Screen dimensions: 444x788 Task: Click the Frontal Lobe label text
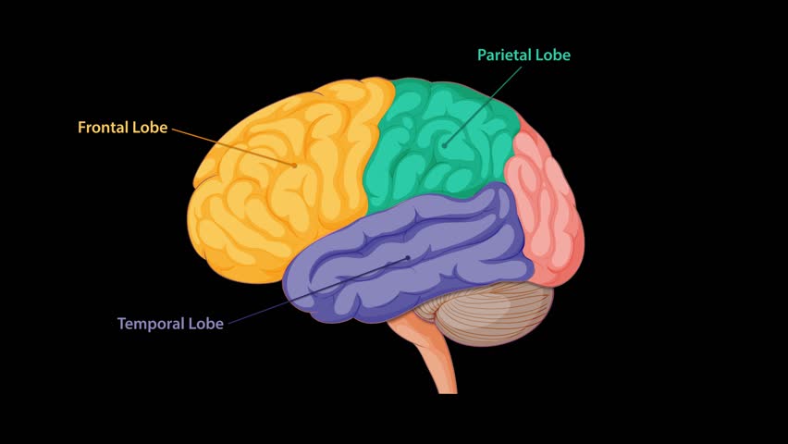click(x=122, y=128)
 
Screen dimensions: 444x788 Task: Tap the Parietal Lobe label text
click(x=523, y=55)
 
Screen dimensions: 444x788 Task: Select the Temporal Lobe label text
click(x=170, y=325)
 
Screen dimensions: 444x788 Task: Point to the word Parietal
click(x=506, y=55)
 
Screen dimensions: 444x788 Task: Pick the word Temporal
click(x=151, y=325)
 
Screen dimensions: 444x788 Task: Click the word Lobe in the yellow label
click(x=151, y=128)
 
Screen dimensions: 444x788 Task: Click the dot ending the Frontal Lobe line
click(x=295, y=165)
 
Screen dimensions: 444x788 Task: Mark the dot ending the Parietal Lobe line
click(x=444, y=144)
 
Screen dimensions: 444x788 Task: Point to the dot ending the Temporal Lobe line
click(x=408, y=258)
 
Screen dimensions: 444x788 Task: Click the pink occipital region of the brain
click(x=546, y=208)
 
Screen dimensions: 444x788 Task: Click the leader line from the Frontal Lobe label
click(x=231, y=146)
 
